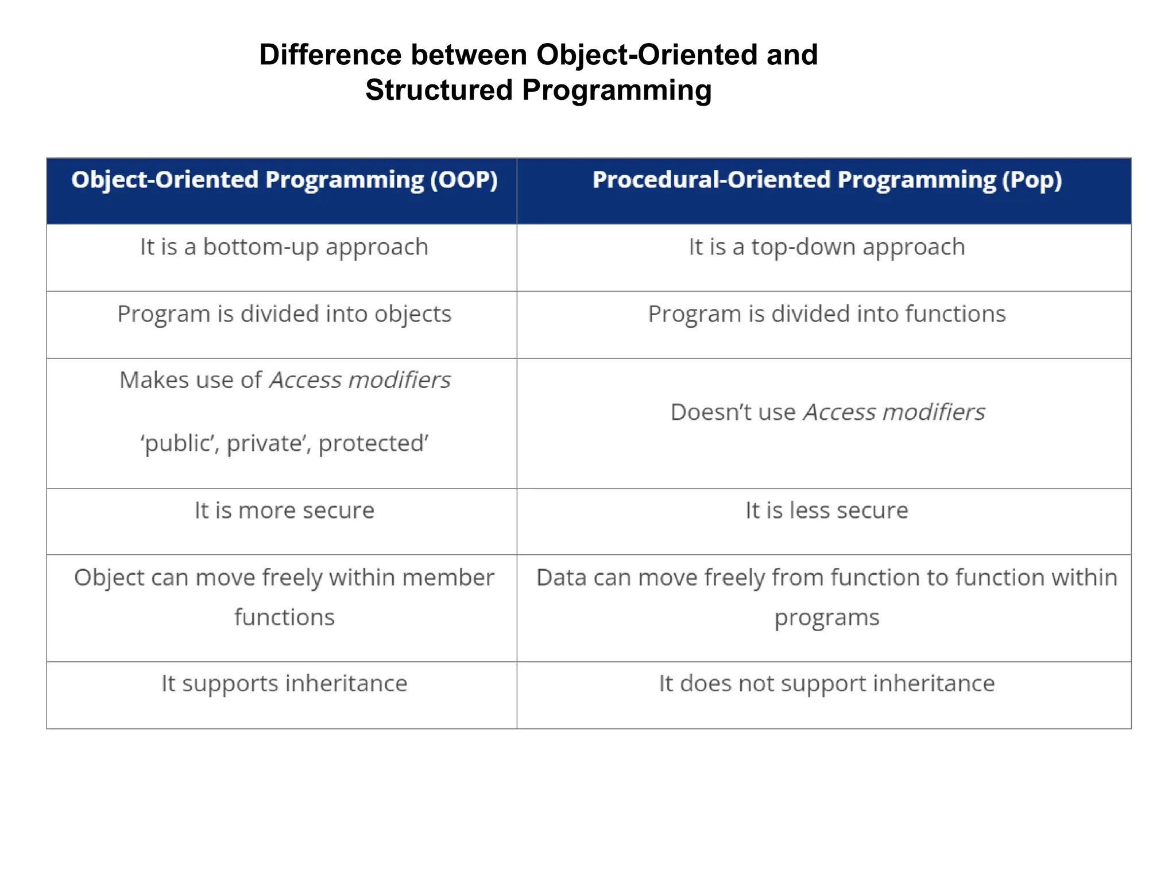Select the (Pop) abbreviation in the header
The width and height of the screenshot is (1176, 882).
[1032, 180]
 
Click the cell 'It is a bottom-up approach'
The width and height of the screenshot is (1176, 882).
[284, 247]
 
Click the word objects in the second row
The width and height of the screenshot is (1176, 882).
[413, 314]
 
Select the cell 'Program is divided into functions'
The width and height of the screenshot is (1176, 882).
[827, 314]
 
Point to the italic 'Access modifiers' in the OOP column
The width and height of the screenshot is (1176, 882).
[360, 380]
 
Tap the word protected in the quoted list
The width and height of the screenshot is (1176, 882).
[373, 443]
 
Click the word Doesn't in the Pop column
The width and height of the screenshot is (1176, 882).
[704, 412]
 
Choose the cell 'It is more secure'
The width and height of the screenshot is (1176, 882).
[284, 510]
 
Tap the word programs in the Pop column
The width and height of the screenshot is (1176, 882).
[827, 618]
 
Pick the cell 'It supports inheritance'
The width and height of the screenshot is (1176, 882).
[284, 684]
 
